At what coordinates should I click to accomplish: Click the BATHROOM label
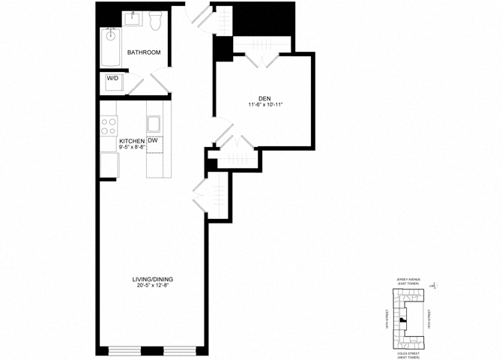(143, 52)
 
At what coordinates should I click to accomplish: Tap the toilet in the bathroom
(156, 22)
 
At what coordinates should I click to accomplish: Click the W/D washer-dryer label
(112, 78)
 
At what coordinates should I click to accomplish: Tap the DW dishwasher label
(152, 140)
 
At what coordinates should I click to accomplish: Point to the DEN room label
(264, 97)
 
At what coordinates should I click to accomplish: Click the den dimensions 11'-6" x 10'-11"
(264, 104)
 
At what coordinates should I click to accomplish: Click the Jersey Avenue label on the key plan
(409, 280)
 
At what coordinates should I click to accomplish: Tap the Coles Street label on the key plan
(409, 355)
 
